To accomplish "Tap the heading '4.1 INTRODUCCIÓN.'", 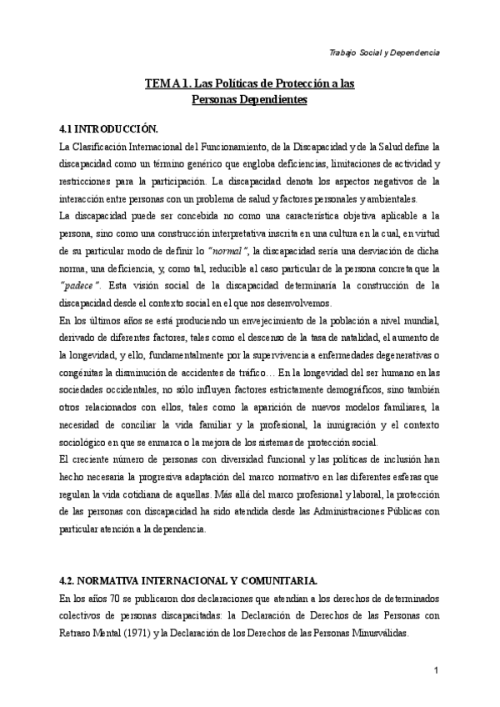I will click(x=108, y=130).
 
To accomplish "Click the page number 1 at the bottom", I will click(x=437, y=670).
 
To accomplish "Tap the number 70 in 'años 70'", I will click(x=117, y=599).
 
